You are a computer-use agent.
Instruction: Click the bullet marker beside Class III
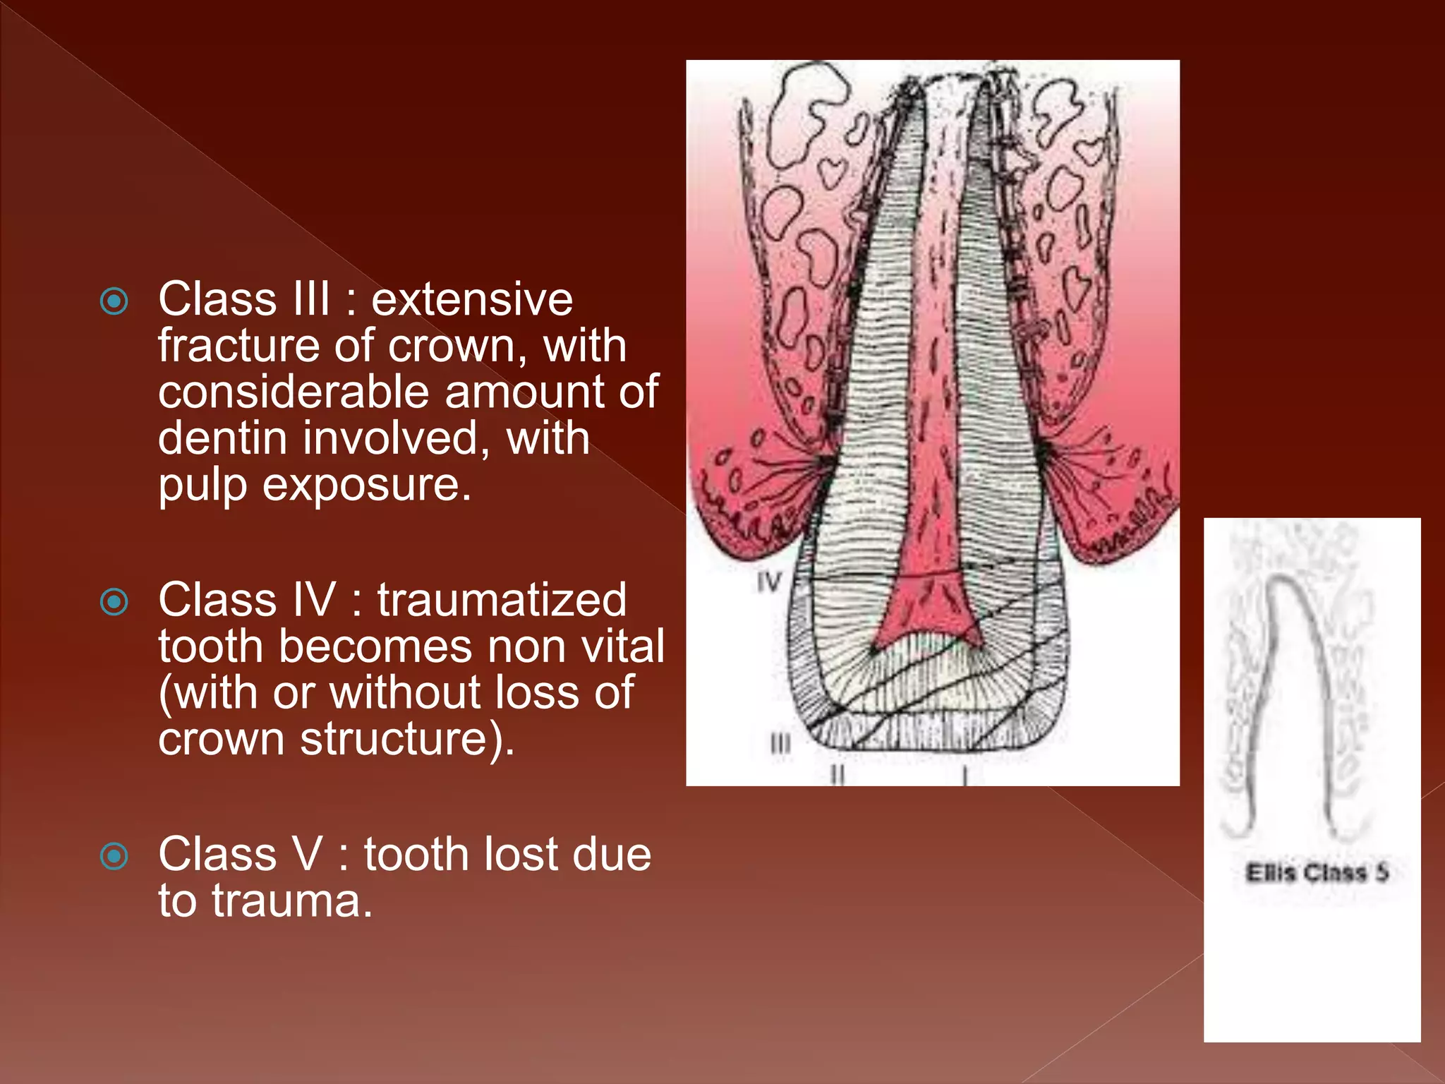pos(114,301)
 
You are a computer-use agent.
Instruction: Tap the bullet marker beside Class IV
pos(114,602)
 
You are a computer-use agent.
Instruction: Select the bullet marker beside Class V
pos(114,856)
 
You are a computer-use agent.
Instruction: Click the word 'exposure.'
pos(366,486)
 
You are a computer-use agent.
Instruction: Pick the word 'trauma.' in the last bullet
pos(292,901)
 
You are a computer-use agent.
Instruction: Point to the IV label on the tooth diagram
pos(770,583)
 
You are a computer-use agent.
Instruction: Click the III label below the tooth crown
pos(780,745)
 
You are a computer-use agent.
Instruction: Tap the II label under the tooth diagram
pos(837,776)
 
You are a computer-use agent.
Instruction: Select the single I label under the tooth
pos(965,777)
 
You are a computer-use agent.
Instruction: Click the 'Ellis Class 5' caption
pos(1317,873)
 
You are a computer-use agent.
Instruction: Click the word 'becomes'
pos(375,646)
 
